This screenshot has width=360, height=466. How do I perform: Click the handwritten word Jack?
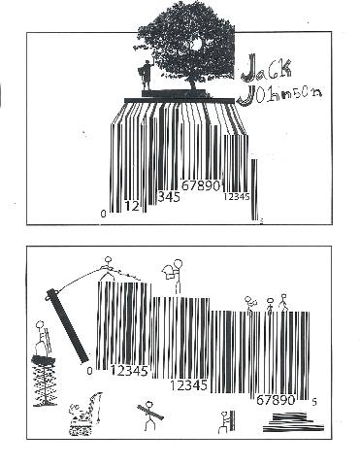pyautogui.click(x=266, y=68)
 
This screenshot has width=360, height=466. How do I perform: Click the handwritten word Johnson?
pyautogui.click(x=279, y=94)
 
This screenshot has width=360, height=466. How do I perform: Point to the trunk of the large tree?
pyautogui.click(x=193, y=83)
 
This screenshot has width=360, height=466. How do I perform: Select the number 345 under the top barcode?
pyautogui.click(x=169, y=196)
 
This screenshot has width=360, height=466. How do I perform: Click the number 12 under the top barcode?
pyautogui.click(x=132, y=206)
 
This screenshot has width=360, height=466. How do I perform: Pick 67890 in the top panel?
pyautogui.click(x=201, y=185)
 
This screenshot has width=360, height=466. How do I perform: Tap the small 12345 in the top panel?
pyautogui.click(x=237, y=196)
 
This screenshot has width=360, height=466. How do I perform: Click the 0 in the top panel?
pyautogui.click(x=103, y=214)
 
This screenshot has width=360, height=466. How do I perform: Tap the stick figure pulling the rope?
pyautogui.click(x=108, y=268)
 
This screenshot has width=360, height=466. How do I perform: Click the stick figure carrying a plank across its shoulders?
pyautogui.click(x=149, y=416)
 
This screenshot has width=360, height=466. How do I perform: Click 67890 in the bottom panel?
pyautogui.click(x=276, y=400)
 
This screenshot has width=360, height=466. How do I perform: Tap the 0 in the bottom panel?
pyautogui.click(x=89, y=371)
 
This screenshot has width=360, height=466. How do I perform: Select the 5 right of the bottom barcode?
pyautogui.click(x=314, y=402)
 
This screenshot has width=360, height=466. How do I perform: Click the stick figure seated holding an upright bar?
pyautogui.click(x=227, y=421)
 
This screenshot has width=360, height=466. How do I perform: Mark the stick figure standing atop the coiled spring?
pyautogui.click(x=43, y=338)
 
